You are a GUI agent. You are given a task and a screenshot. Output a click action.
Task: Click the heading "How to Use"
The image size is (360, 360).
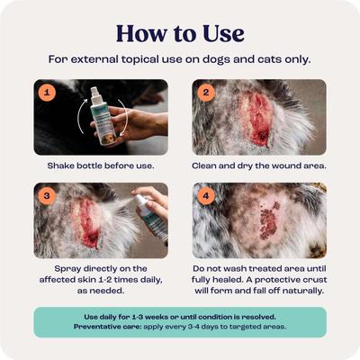180,34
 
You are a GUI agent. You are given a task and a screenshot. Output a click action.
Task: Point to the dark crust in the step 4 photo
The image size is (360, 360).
267,221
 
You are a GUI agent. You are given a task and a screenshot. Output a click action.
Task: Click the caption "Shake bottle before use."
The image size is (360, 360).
101,166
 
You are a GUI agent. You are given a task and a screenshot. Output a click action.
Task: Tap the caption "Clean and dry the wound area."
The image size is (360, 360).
258,166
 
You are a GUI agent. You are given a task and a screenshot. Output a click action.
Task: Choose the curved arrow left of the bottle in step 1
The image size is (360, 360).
75,115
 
